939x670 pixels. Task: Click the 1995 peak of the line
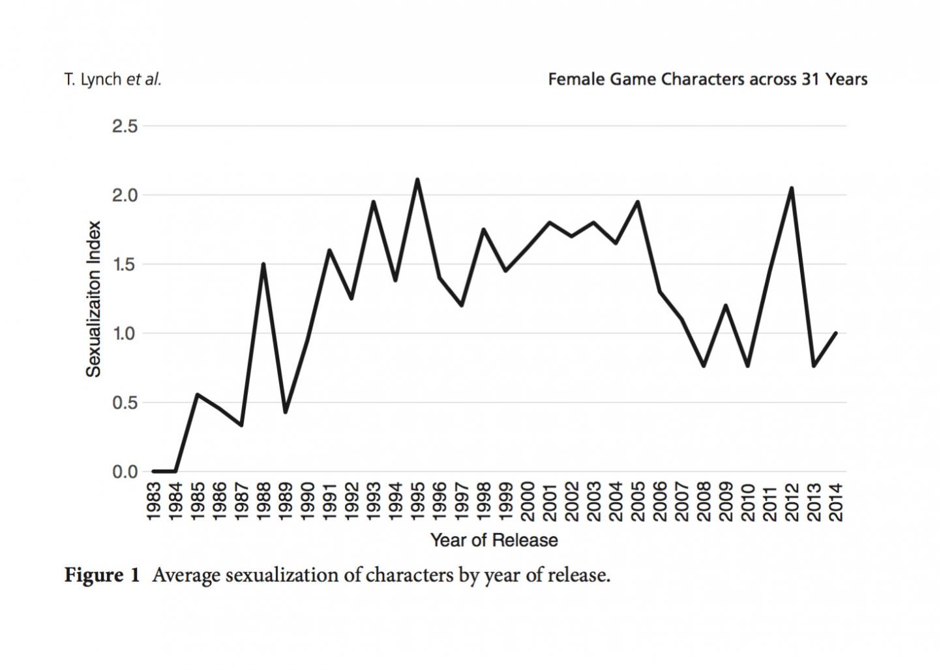pos(417,179)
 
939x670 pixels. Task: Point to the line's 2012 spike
pos(792,188)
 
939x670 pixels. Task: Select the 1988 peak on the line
pos(263,264)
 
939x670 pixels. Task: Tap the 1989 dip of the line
pos(285,412)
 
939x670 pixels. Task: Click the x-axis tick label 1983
pos(154,502)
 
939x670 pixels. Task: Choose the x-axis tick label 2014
pos(837,502)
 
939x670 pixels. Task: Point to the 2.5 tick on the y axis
pos(125,126)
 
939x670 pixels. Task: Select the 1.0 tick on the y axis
pos(125,333)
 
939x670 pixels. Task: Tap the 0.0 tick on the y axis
pos(125,471)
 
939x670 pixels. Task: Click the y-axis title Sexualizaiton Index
pos(95,299)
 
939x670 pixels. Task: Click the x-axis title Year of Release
pos(494,540)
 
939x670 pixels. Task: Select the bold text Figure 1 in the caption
pos(102,575)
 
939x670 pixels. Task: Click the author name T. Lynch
pos(93,80)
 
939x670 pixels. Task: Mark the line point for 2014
pos(835,333)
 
